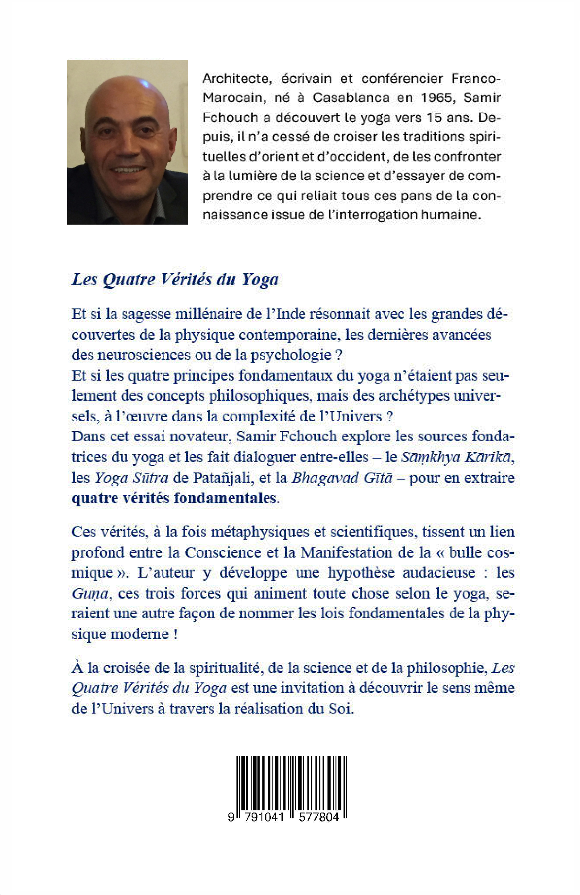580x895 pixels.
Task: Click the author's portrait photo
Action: (x=127, y=142)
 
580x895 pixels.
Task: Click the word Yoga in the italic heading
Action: (x=260, y=279)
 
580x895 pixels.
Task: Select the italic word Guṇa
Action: (x=90, y=594)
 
